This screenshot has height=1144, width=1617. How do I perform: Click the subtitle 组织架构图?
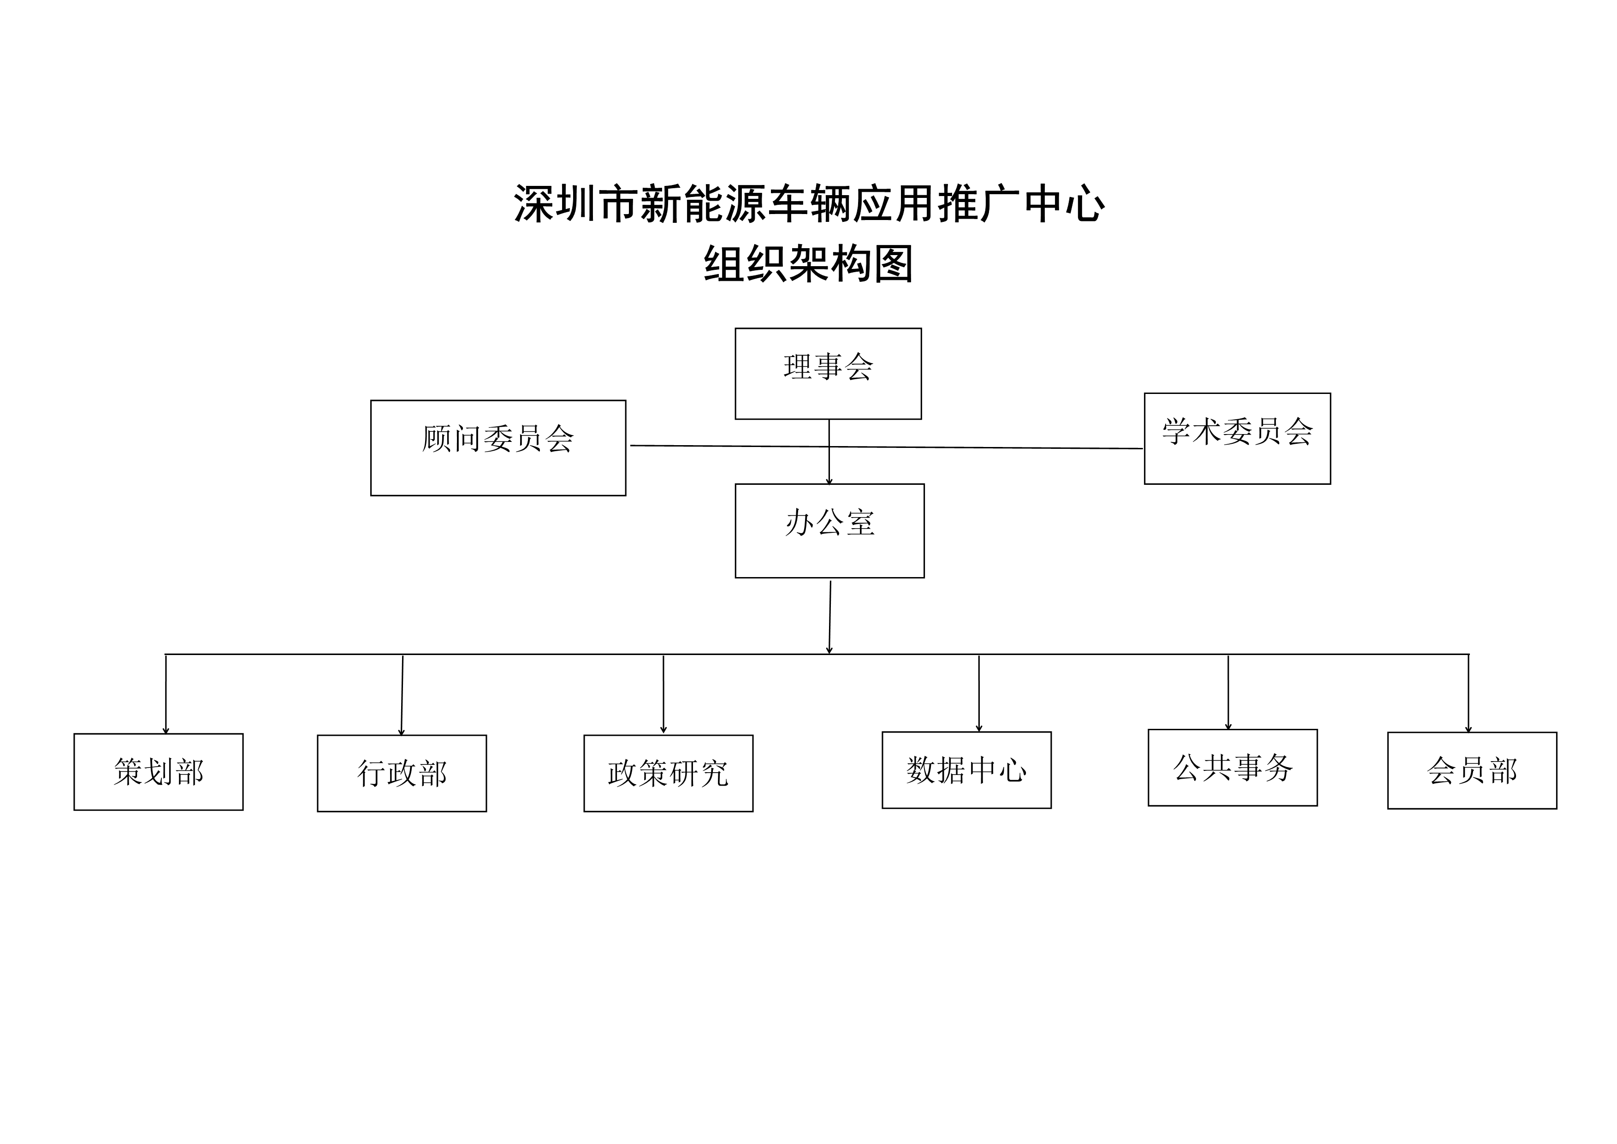pyautogui.click(x=809, y=263)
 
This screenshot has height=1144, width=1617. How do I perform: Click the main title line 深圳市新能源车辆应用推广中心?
pyautogui.click(x=809, y=203)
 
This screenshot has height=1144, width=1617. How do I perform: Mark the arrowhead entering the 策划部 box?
pyautogui.click(x=166, y=731)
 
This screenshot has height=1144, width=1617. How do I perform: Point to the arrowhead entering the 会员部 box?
pyautogui.click(x=1469, y=729)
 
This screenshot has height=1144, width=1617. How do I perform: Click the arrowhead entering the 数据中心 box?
pyautogui.click(x=979, y=728)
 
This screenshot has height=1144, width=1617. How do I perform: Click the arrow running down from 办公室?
pyautogui.click(x=829, y=617)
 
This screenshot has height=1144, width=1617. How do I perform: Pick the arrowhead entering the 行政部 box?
pyautogui.click(x=402, y=732)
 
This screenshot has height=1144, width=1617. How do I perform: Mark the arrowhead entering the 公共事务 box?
pyautogui.click(x=1228, y=726)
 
